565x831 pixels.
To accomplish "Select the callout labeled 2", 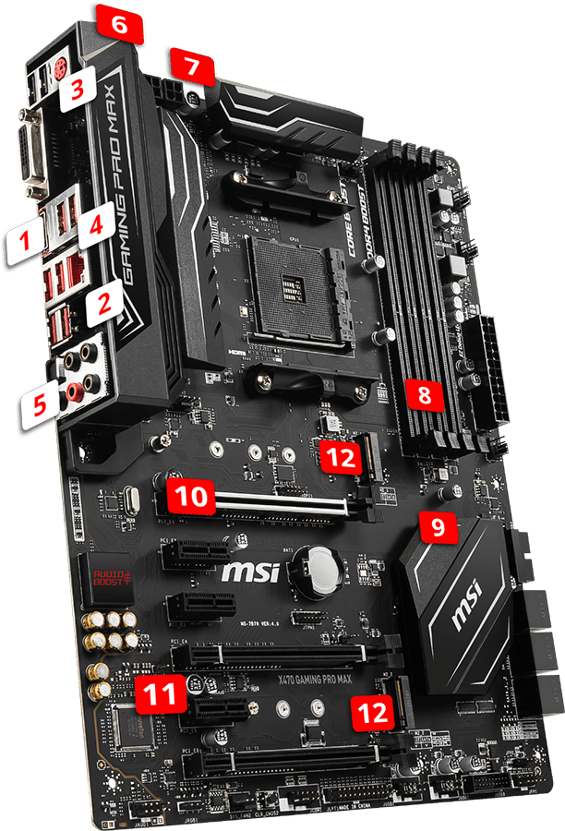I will coord(104,302).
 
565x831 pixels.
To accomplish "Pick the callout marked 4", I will coord(97,223).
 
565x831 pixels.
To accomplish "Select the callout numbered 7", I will coord(190,67).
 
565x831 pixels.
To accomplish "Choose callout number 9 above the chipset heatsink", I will coord(438,527).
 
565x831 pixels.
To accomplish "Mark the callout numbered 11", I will coord(155,695).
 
